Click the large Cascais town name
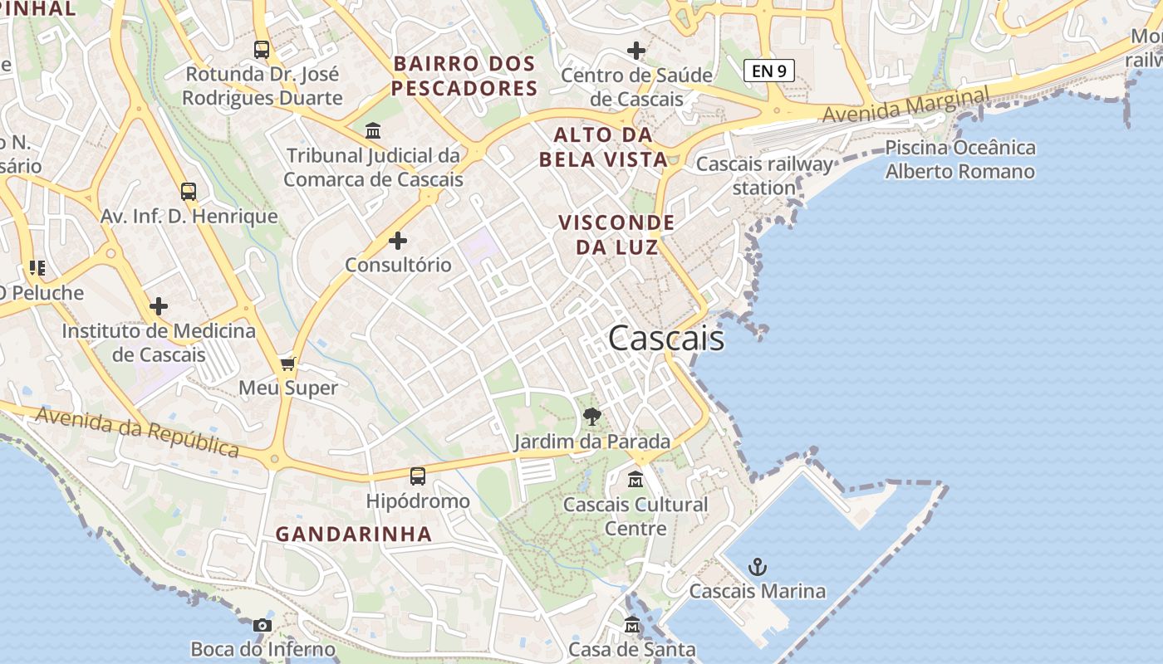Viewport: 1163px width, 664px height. pyautogui.click(x=665, y=339)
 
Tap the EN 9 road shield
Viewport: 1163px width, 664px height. pyautogui.click(x=768, y=71)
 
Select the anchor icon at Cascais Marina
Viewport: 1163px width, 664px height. pyautogui.click(x=757, y=568)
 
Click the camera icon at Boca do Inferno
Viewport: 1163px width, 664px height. pyautogui.click(x=263, y=625)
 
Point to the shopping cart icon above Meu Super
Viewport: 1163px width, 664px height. pyautogui.click(x=288, y=364)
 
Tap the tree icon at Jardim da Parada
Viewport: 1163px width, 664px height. pyautogui.click(x=591, y=417)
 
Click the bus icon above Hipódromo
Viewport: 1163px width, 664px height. pyautogui.click(x=418, y=476)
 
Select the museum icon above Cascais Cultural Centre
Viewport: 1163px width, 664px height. pyautogui.click(x=635, y=480)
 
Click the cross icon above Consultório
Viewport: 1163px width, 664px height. pyautogui.click(x=398, y=241)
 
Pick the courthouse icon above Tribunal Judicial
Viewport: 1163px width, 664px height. pyautogui.click(x=373, y=131)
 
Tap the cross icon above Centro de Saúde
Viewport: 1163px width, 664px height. pyautogui.click(x=636, y=51)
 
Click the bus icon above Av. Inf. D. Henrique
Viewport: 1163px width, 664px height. pyautogui.click(x=189, y=192)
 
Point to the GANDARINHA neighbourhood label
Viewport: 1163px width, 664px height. pyautogui.click(x=354, y=534)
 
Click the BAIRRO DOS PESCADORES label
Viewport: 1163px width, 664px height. pyautogui.click(x=464, y=76)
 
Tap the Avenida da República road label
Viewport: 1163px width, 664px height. pyautogui.click(x=138, y=431)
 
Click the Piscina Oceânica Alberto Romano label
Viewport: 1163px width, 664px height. pyautogui.click(x=960, y=159)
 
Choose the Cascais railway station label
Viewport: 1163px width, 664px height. pyautogui.click(x=764, y=175)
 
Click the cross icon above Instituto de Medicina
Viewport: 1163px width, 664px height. pyautogui.click(x=159, y=306)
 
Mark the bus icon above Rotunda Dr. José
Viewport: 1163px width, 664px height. pyautogui.click(x=262, y=50)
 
